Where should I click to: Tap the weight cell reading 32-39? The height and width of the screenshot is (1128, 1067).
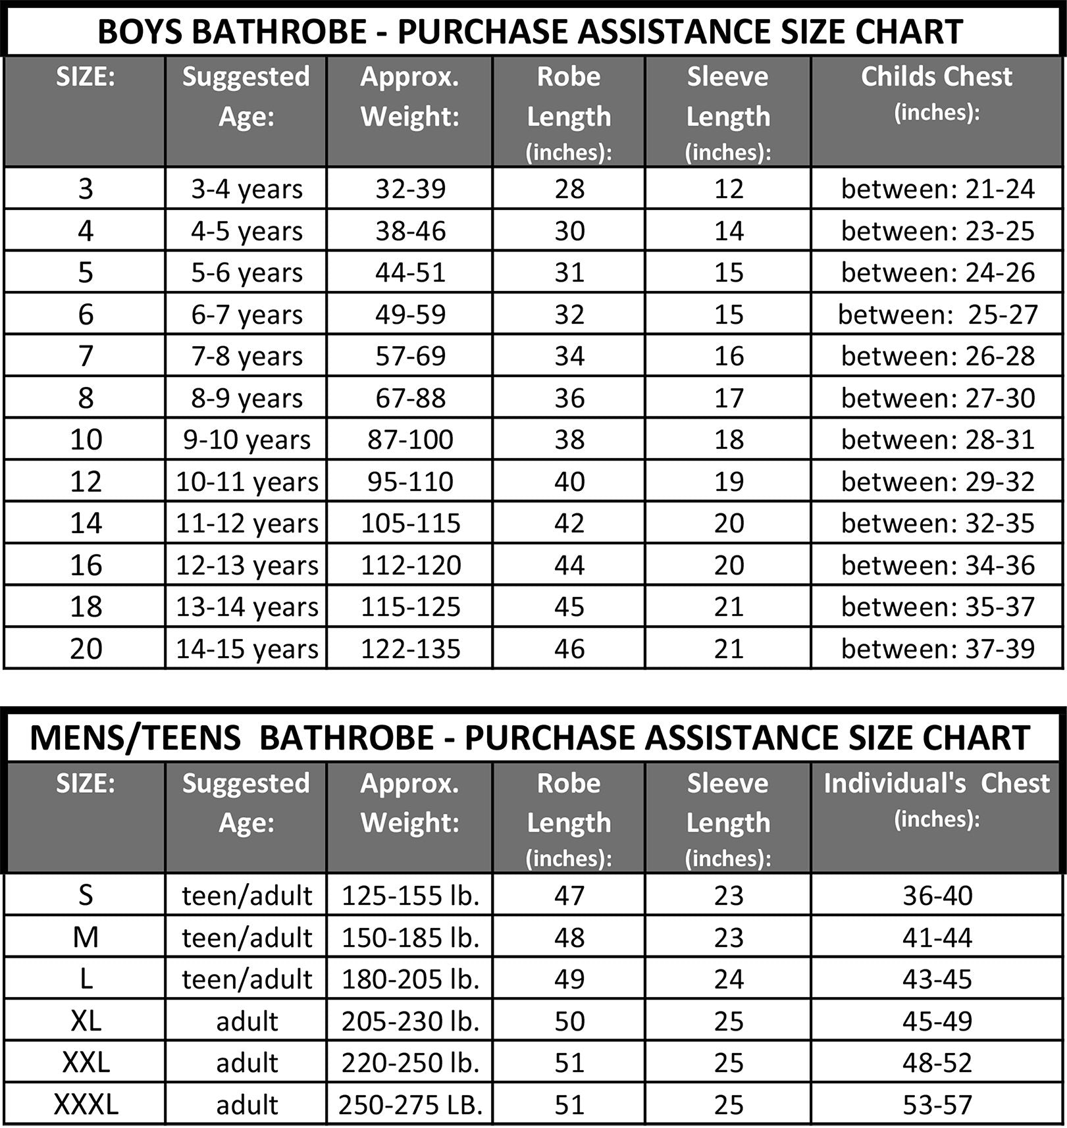pos(410,189)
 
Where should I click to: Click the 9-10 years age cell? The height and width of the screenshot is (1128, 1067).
pos(246,440)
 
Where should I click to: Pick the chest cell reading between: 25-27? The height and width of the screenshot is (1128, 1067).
pos(937,315)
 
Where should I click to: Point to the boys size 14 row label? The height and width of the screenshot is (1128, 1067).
pos(86,523)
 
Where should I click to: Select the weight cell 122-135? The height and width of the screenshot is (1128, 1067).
pos(410,649)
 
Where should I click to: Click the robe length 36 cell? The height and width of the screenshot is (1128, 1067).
pos(569,398)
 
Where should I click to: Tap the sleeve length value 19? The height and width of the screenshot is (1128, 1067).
pos(729,482)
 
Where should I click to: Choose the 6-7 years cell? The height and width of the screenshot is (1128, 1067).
pos(246,315)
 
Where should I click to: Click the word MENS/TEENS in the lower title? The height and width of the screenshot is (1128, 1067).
pos(135,737)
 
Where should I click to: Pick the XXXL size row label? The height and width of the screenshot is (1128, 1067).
pos(86,1104)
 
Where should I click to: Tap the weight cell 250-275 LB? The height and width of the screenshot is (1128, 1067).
pos(410,1104)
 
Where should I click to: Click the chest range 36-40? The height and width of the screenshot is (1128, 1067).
pos(937,895)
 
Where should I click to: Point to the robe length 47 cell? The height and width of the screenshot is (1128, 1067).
pos(569,895)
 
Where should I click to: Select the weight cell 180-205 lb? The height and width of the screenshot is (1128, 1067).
pos(410,979)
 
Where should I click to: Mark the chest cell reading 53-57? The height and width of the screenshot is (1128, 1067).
pos(937,1104)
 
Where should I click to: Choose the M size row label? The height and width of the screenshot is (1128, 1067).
pos(86,937)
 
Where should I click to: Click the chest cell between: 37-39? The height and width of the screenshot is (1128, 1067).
pos(937,649)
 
